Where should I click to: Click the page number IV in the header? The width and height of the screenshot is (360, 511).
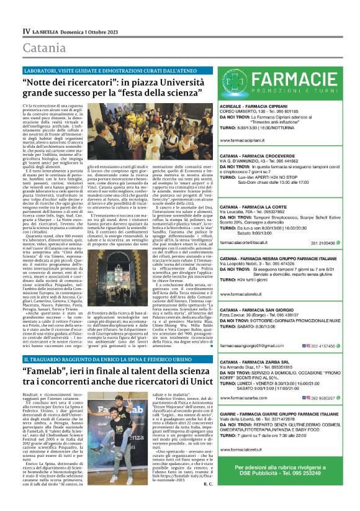pyautogui.click(x=26, y=30)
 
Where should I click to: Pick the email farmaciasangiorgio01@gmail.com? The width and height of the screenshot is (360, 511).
pyautogui.click(x=260, y=345)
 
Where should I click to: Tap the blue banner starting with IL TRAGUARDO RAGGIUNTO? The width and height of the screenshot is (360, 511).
pyautogui.click(x=112, y=359)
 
